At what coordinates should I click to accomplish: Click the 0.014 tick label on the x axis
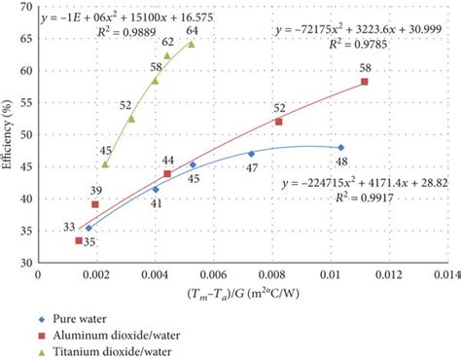(x=444, y=275)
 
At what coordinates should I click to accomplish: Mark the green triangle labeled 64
(x=191, y=44)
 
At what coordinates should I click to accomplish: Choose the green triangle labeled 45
(x=105, y=163)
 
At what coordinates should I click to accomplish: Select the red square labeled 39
(x=95, y=204)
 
